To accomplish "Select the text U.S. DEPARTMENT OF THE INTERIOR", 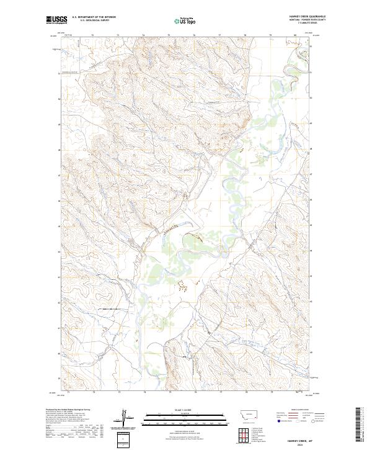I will (94, 17).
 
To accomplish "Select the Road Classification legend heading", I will (300, 410).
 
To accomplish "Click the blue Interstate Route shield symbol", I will (278, 421).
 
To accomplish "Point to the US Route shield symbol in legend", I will (297, 421).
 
